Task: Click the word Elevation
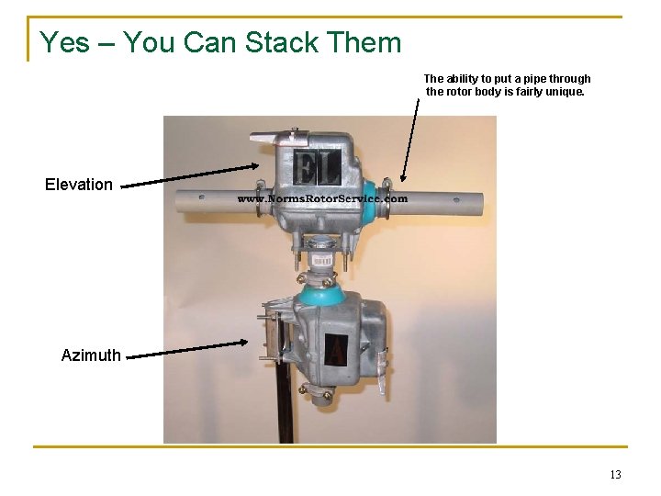79,185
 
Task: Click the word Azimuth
91,355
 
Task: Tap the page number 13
615,475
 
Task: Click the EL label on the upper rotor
317,168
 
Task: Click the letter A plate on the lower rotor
336,349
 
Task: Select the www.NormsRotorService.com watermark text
323,198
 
